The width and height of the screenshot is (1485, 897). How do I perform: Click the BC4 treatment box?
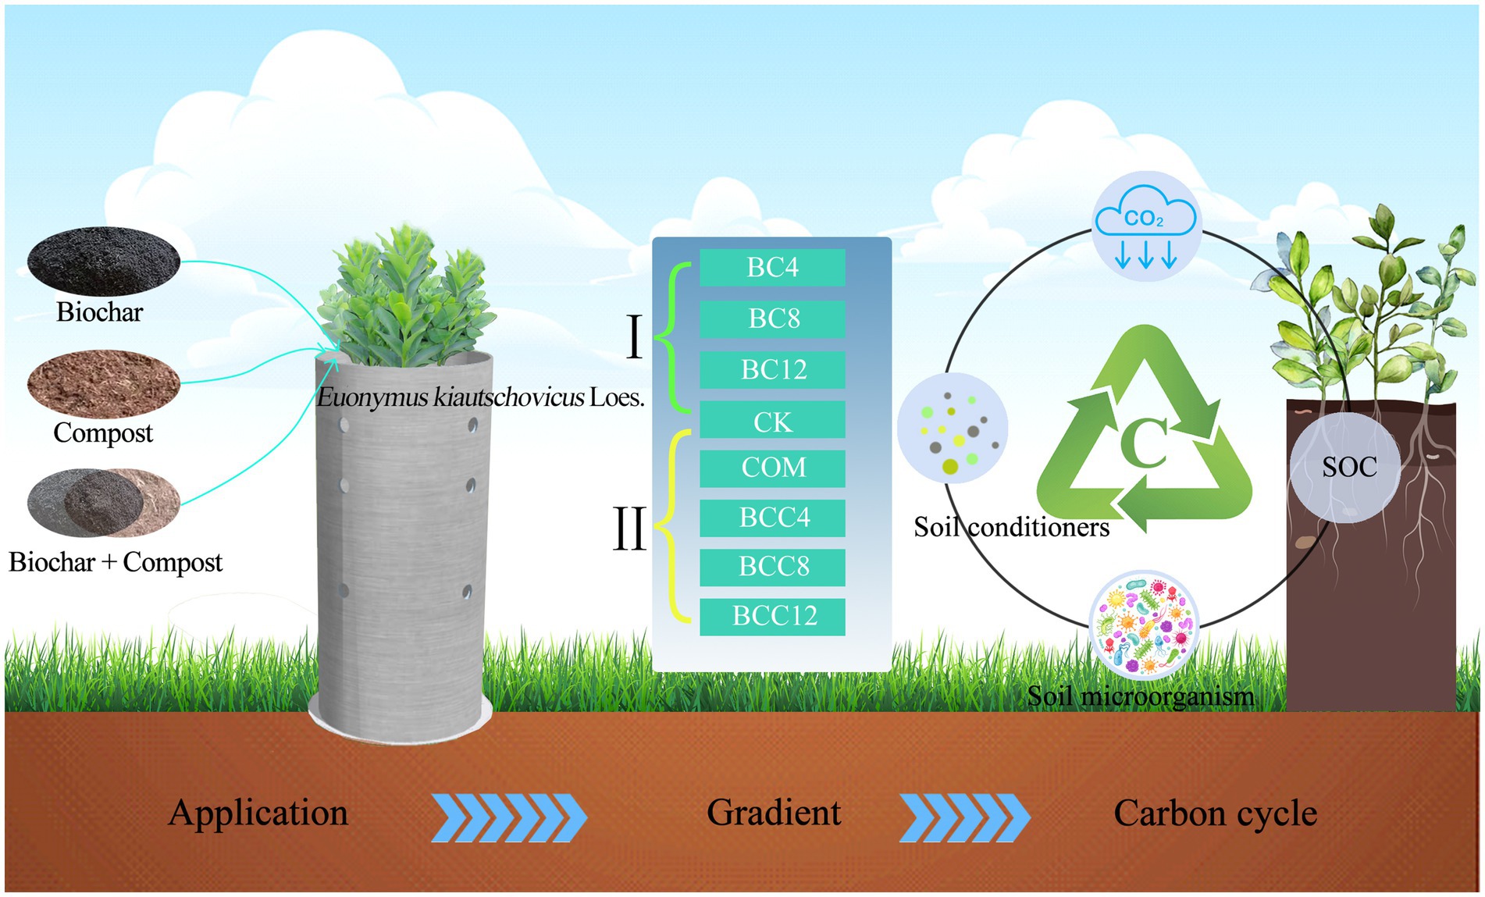click(772, 268)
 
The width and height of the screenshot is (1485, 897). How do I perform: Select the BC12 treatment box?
click(772, 369)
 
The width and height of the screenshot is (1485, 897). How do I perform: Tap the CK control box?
click(772, 422)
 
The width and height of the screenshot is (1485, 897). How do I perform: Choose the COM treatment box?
click(772, 468)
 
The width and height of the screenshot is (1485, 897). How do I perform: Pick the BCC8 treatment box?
click(772, 567)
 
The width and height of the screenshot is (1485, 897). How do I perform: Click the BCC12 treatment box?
click(772, 617)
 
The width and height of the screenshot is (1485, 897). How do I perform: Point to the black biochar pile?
click(103, 262)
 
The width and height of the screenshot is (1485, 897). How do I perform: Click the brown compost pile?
click(103, 383)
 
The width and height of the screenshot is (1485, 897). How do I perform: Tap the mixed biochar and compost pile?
click(103, 503)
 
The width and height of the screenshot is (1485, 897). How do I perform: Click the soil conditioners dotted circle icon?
click(953, 428)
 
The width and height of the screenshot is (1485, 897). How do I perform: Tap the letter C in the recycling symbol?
click(1145, 443)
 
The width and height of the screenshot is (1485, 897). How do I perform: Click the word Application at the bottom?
click(258, 813)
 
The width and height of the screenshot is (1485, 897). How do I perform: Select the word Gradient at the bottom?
click(774, 813)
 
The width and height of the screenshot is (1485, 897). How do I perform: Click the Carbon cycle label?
click(1215, 813)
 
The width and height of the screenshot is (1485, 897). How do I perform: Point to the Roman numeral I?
click(635, 337)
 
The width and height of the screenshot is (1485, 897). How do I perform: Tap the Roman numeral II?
click(629, 529)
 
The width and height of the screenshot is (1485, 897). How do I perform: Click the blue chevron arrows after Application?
click(508, 817)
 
